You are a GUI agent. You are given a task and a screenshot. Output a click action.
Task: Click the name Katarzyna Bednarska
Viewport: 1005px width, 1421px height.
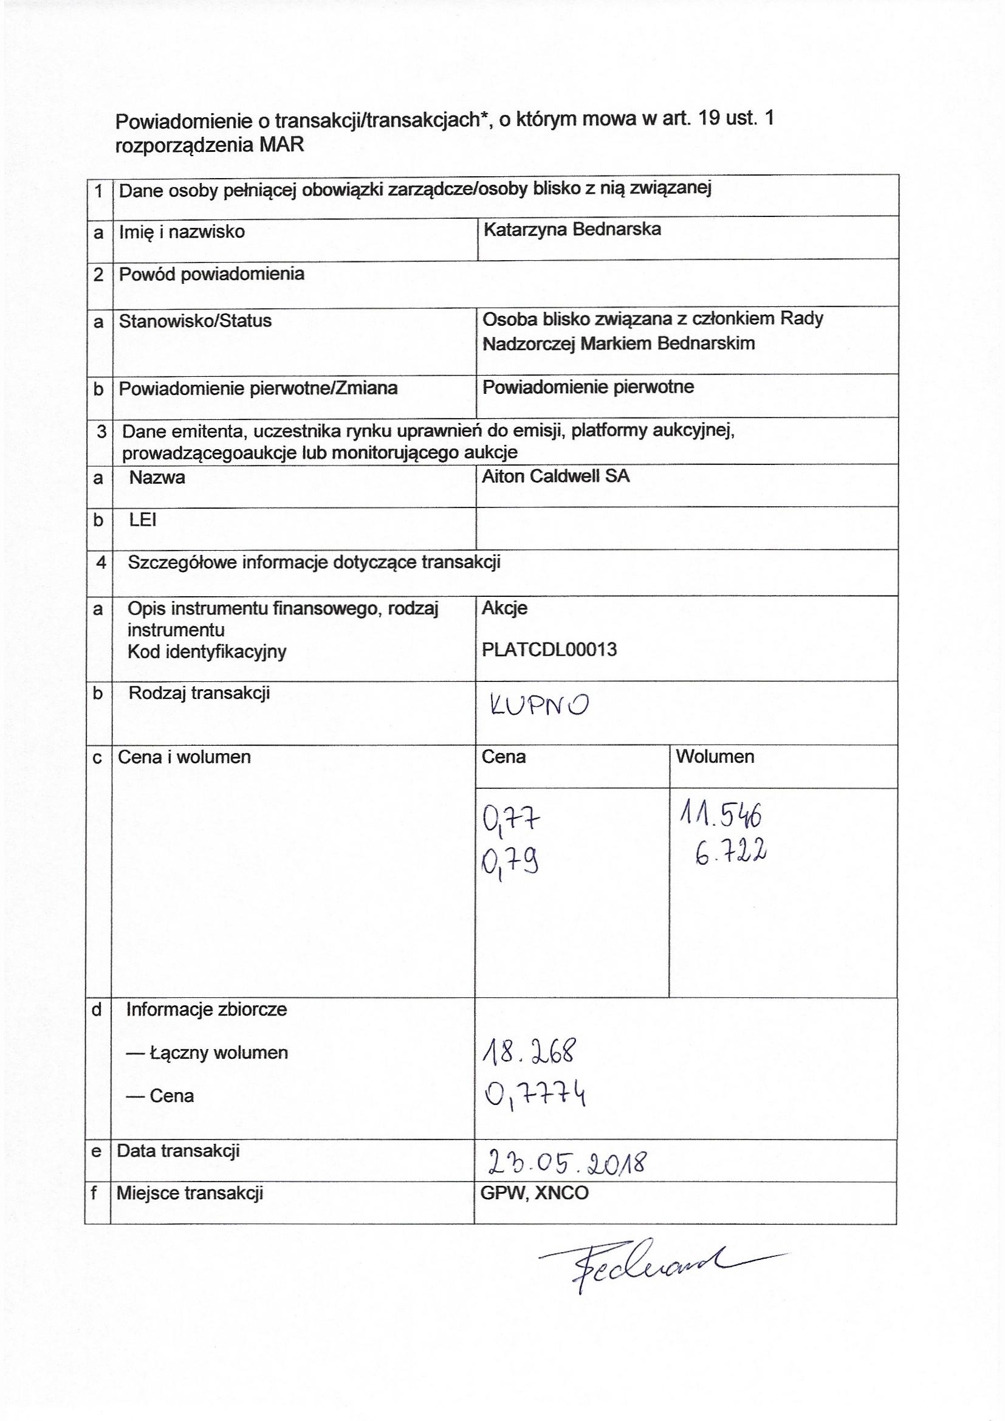[572, 230]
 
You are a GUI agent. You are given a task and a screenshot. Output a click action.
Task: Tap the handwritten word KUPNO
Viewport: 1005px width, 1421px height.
[539, 706]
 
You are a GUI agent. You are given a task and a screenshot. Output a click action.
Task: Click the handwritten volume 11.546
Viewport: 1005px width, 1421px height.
[721, 817]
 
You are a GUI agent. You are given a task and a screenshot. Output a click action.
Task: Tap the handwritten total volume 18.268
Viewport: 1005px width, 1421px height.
[529, 1052]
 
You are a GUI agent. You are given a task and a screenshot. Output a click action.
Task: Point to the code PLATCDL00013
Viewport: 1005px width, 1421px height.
[549, 650]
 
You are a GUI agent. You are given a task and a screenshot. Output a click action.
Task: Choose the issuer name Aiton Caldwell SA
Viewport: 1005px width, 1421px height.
[555, 476]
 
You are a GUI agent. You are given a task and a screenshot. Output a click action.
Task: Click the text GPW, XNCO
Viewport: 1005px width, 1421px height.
[534, 1193]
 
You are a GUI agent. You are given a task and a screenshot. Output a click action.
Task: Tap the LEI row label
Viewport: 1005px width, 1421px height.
[142, 520]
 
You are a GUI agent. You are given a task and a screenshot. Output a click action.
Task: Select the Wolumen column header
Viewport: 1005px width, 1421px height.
[715, 756]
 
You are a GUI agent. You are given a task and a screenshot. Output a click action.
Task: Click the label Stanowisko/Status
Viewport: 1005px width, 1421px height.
[195, 320]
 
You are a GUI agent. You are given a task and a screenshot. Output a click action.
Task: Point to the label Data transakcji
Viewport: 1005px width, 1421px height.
[178, 1151]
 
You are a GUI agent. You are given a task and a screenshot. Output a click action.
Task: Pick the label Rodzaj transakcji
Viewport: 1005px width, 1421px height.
[199, 692]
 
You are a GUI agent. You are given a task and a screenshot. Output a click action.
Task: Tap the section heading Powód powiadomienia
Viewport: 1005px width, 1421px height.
[211, 274]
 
